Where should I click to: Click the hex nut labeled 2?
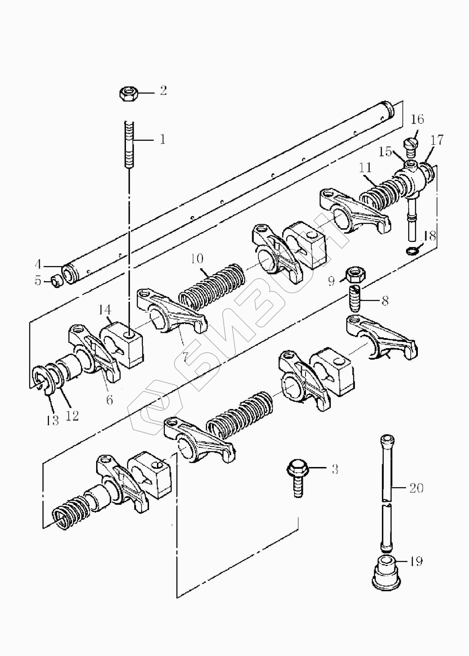[x=128, y=94]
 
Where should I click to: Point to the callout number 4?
[x=38, y=265]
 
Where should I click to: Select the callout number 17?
[x=438, y=140]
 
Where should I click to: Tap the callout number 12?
[x=72, y=415]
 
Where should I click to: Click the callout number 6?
[x=110, y=399]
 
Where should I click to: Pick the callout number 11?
[x=365, y=168]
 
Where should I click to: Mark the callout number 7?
[x=185, y=357]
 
